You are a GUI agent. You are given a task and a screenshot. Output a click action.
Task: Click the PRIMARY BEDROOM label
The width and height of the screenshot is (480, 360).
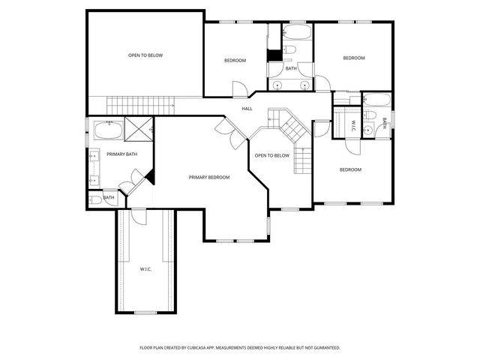point(209,177)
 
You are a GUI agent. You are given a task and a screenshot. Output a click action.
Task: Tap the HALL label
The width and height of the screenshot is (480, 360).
point(247,109)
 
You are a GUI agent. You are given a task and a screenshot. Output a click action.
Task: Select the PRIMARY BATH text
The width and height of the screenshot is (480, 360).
point(121,154)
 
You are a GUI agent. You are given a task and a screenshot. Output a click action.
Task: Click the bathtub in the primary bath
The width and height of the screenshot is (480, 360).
point(108,130)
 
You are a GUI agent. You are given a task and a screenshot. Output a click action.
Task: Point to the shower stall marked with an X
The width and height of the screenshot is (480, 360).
point(139,129)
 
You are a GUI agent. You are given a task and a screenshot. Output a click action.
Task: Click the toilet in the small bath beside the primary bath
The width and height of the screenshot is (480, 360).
point(95,200)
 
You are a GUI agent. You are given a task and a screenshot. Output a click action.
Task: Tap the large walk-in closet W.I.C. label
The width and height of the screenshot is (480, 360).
point(145,269)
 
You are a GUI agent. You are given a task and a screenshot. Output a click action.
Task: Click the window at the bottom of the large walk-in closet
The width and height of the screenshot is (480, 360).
point(145,313)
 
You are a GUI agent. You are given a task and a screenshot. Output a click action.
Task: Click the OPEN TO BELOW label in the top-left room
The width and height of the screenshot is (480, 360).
point(145,55)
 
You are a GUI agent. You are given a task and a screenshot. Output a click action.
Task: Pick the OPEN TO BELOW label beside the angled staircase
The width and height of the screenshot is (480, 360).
point(271,155)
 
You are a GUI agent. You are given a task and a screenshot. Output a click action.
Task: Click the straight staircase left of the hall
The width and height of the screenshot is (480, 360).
point(140,105)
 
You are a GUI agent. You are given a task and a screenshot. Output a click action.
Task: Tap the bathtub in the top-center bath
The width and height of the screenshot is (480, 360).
point(297,31)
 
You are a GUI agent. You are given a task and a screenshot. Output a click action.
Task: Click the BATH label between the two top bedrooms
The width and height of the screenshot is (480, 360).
point(291,68)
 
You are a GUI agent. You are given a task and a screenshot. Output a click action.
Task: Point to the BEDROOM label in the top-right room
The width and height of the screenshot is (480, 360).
point(354,58)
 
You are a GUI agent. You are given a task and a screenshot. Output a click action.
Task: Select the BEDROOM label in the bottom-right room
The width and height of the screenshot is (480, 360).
point(350,169)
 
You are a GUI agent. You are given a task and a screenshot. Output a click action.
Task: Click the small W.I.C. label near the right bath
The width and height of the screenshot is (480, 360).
point(353,126)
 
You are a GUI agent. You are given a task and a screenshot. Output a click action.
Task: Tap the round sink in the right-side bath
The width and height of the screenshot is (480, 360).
point(368,130)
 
